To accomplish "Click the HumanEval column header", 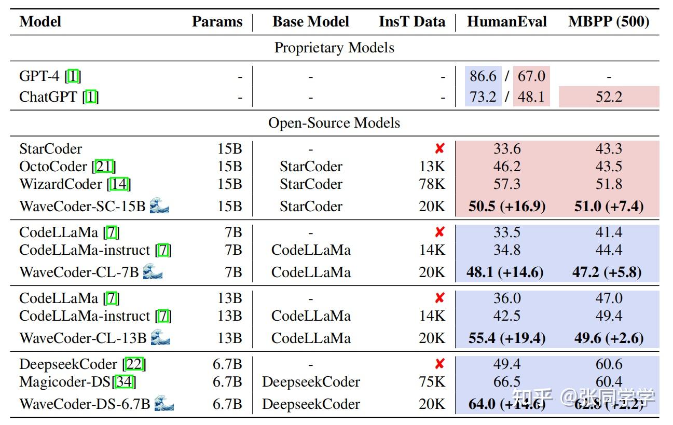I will coord(506,22).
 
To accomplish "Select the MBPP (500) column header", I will coord(609,22).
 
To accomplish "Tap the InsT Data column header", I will coord(411,22).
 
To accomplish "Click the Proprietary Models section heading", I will coord(334,48).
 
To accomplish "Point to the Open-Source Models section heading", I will coord(334,123).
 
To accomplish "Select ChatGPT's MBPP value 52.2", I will coord(609,97).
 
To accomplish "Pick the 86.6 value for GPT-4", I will coord(483,76).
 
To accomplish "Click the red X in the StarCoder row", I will coord(439,149).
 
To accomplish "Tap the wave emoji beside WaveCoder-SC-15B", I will coord(159,207).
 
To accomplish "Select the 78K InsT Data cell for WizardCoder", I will coord(432,184).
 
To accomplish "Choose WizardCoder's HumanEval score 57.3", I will coord(506,184).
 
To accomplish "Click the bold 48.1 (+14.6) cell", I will coord(504,272).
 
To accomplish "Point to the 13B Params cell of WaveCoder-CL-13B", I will coord(229,338).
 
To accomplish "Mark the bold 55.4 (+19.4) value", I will coord(506,338).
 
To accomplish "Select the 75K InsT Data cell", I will coord(432,382).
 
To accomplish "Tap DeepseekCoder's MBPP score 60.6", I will coord(609,364).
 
